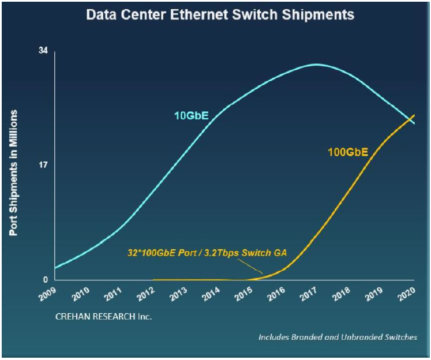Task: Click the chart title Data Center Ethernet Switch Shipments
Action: (x=220, y=14)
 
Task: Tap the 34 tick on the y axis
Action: (x=43, y=51)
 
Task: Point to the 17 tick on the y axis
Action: (x=43, y=165)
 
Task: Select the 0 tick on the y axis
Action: (x=46, y=280)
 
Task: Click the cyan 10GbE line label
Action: (x=191, y=116)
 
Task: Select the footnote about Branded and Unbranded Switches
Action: (x=337, y=337)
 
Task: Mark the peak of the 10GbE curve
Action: (x=315, y=64)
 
